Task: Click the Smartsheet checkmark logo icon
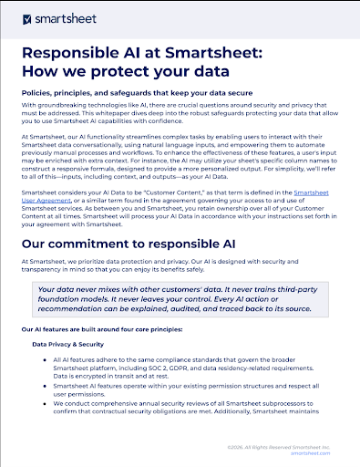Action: tap(27, 18)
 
